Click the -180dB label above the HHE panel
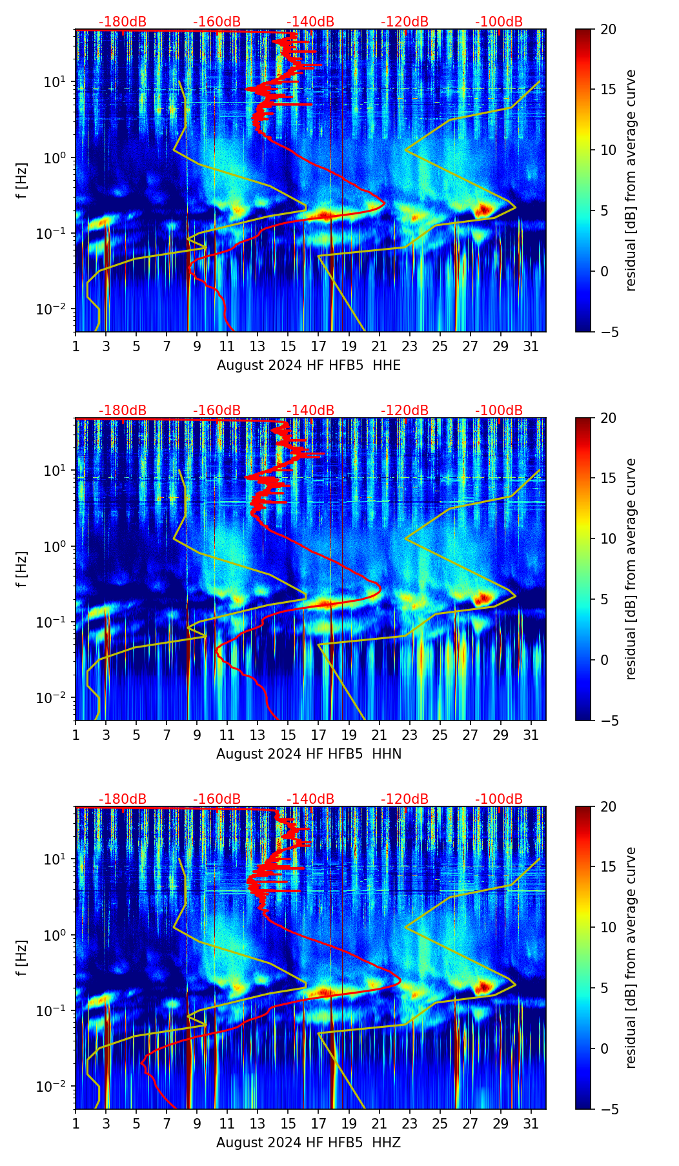pyautogui.click(x=123, y=22)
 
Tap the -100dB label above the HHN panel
pyautogui.click(x=499, y=411)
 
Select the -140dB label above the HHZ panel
pyautogui.click(x=310, y=799)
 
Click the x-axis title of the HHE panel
pyautogui.click(x=309, y=365)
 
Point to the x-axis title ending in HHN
pyautogui.click(x=309, y=754)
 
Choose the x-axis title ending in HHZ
pyautogui.click(x=309, y=1143)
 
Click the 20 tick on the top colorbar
pyautogui.click(x=608, y=30)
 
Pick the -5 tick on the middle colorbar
pyautogui.click(x=608, y=721)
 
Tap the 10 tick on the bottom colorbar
pyautogui.click(x=608, y=927)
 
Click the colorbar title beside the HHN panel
pyautogui.click(x=631, y=569)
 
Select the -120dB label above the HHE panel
pyautogui.click(x=405, y=22)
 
